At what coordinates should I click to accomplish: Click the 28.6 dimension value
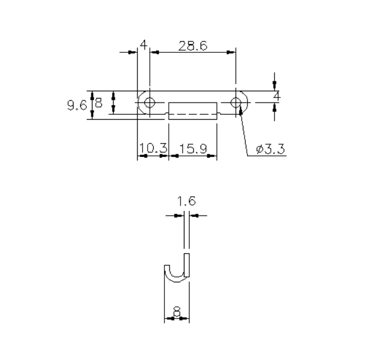[193, 46]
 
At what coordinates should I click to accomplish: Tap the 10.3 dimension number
[153, 148]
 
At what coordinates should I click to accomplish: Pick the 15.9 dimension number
[192, 148]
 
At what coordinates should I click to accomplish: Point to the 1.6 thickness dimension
[187, 202]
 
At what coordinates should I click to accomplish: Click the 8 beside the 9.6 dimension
[98, 103]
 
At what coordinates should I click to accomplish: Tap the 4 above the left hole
[143, 45]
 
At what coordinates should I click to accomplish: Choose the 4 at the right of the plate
[276, 96]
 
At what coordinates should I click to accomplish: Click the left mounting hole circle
[149, 102]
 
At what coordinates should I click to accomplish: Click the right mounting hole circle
[236, 102]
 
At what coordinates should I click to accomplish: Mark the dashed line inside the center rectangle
[192, 115]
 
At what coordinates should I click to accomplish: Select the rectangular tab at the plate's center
[192, 110]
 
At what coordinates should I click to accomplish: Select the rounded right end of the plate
[247, 102]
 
